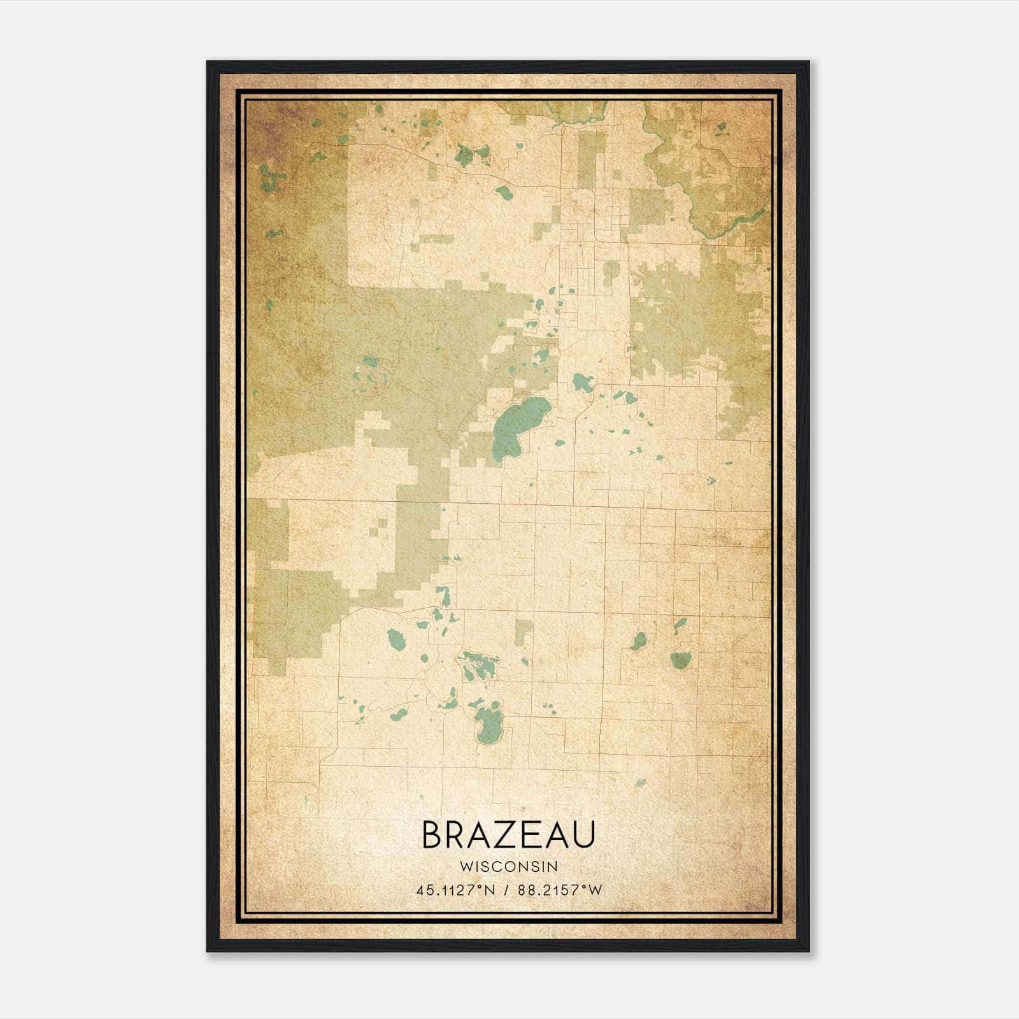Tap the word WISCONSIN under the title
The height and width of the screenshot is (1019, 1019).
pyautogui.click(x=508, y=866)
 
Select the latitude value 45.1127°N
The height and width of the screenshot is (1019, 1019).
pyautogui.click(x=455, y=890)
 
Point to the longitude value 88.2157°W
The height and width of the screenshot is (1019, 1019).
pyautogui.click(x=560, y=890)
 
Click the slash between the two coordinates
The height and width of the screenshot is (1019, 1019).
pyautogui.click(x=506, y=890)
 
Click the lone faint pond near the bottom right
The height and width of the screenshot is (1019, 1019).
pyautogui.click(x=640, y=783)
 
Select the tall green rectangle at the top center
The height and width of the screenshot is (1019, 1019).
pyautogui.click(x=592, y=159)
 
